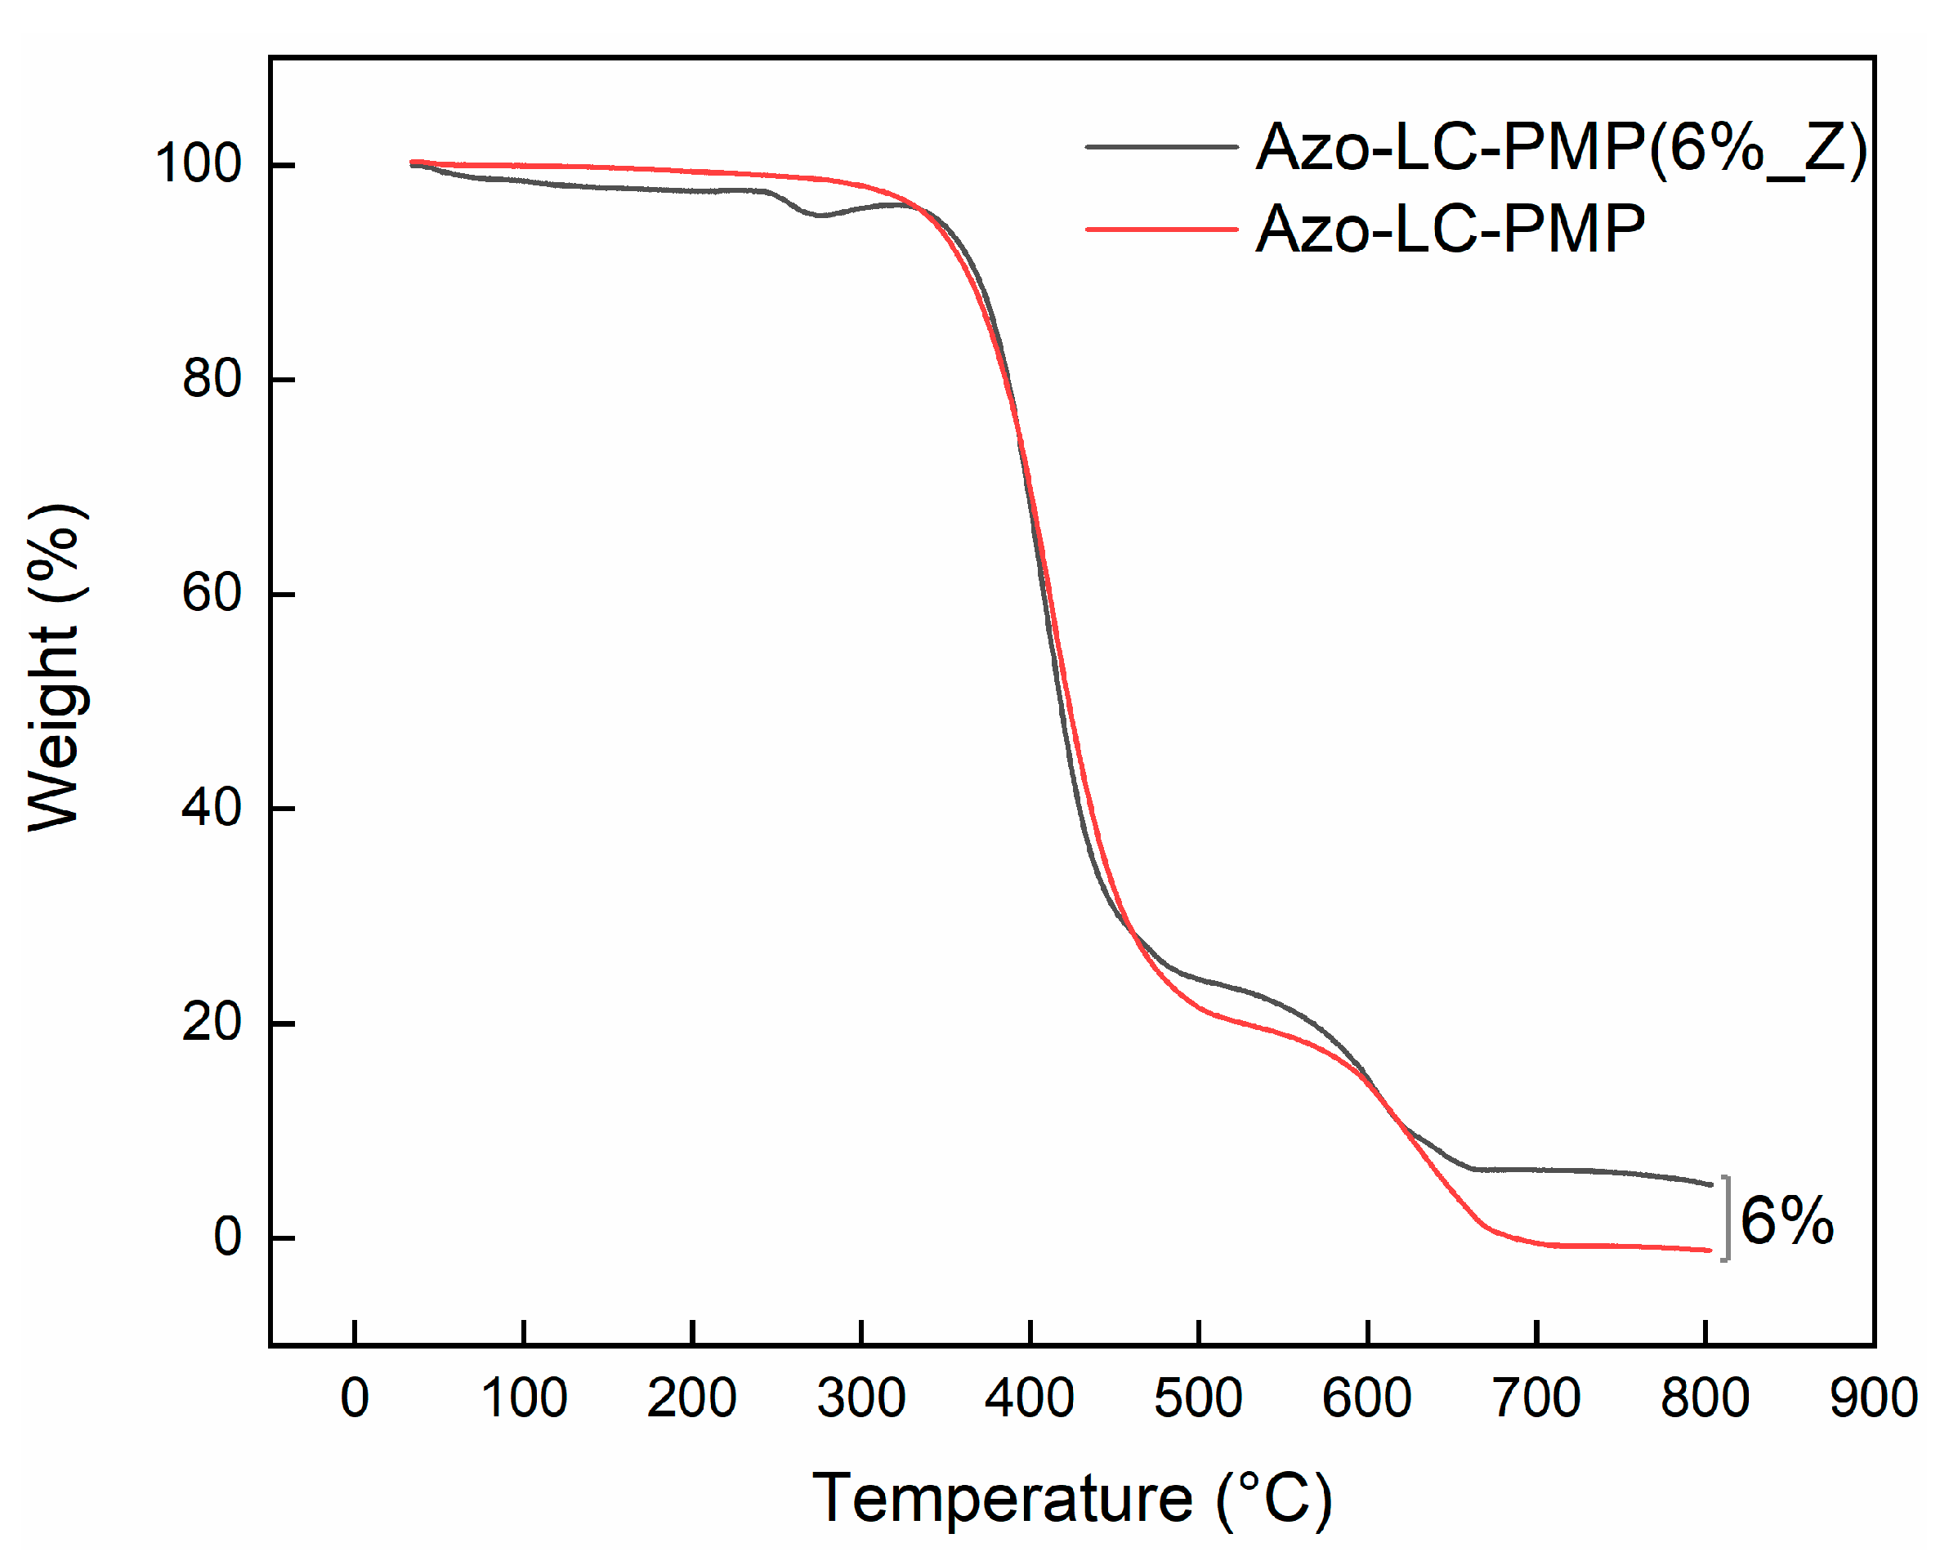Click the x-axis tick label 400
coord(1030,1398)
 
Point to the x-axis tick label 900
coord(1874,1398)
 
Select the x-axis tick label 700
coord(1536,1398)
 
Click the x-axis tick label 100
coord(524,1398)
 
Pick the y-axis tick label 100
coord(198,164)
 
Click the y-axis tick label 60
coord(212,593)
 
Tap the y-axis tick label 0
coord(227,1237)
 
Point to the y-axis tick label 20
coord(212,1022)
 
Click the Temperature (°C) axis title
coord(1071,1499)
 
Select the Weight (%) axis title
coord(56,667)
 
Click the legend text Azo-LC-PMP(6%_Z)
coord(1561,147)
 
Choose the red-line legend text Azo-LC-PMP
coord(1451,229)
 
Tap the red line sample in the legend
coord(1161,230)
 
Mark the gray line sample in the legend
coord(1161,146)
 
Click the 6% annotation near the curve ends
coord(1786,1220)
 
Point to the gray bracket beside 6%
coord(1727,1218)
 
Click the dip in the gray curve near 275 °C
coord(820,215)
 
